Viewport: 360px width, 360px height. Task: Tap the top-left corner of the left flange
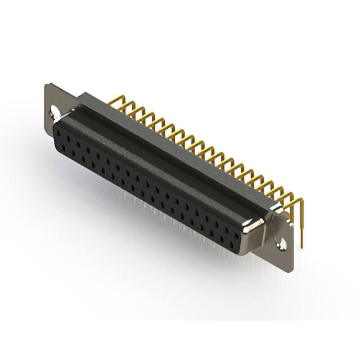point(46,85)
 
